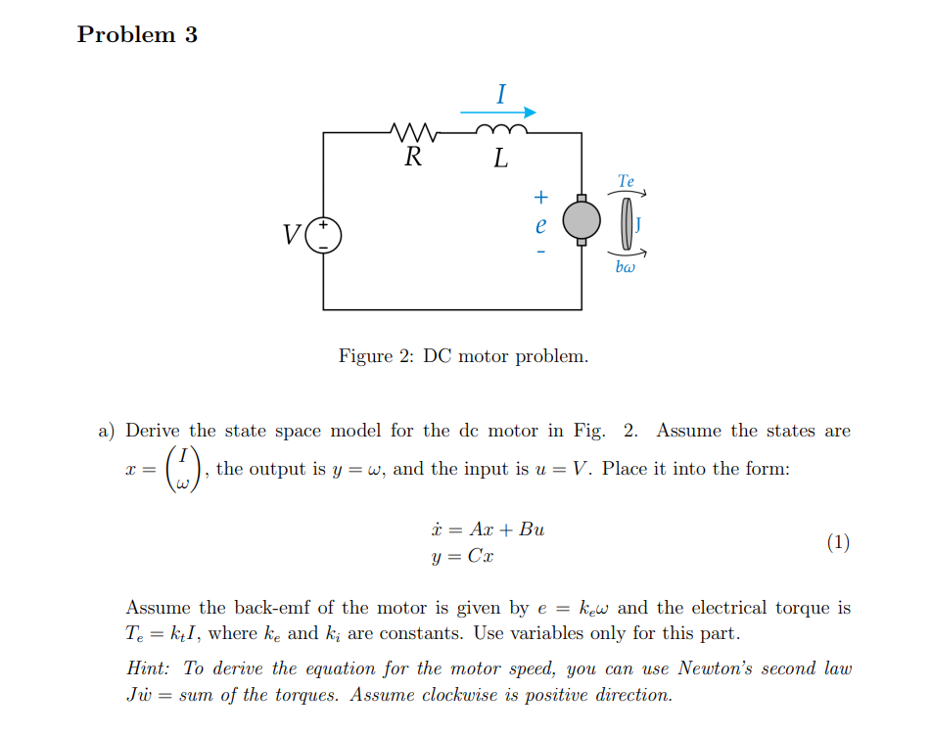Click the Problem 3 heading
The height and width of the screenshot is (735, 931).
tap(137, 34)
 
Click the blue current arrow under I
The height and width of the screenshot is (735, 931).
tap(499, 112)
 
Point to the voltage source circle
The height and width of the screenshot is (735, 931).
tap(324, 235)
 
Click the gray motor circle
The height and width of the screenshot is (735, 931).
tap(581, 217)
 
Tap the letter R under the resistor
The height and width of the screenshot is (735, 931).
tap(414, 158)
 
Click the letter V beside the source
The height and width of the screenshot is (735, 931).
tap(291, 236)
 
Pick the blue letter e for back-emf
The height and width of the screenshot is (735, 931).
tap(539, 224)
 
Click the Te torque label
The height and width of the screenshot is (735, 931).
tap(627, 181)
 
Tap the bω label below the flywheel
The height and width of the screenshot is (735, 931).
tap(626, 266)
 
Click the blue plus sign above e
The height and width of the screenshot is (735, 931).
tap(539, 197)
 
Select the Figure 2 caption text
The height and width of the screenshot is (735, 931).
tap(464, 355)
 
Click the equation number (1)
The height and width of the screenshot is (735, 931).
tap(837, 542)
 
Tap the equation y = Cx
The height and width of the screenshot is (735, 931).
tap(462, 556)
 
